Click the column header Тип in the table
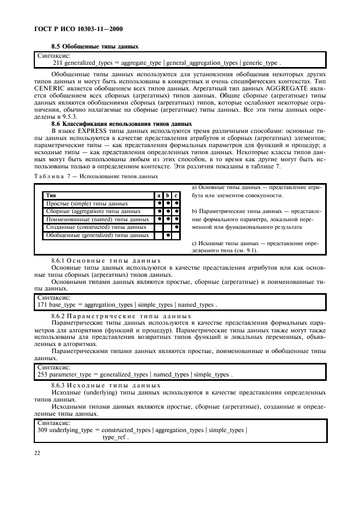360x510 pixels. tap(51, 195)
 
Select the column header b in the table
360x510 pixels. tap(168, 195)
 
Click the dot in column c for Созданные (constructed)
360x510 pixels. tap(177, 227)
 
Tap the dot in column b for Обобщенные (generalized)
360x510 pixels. tap(168, 235)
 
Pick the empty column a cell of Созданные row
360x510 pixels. tap(158, 227)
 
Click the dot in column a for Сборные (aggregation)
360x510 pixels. tap(158, 210)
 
